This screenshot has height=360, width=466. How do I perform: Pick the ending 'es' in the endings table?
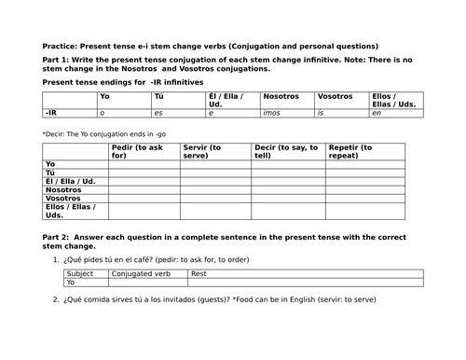[x=158, y=113]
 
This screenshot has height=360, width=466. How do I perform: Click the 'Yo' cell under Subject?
[x=71, y=283]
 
